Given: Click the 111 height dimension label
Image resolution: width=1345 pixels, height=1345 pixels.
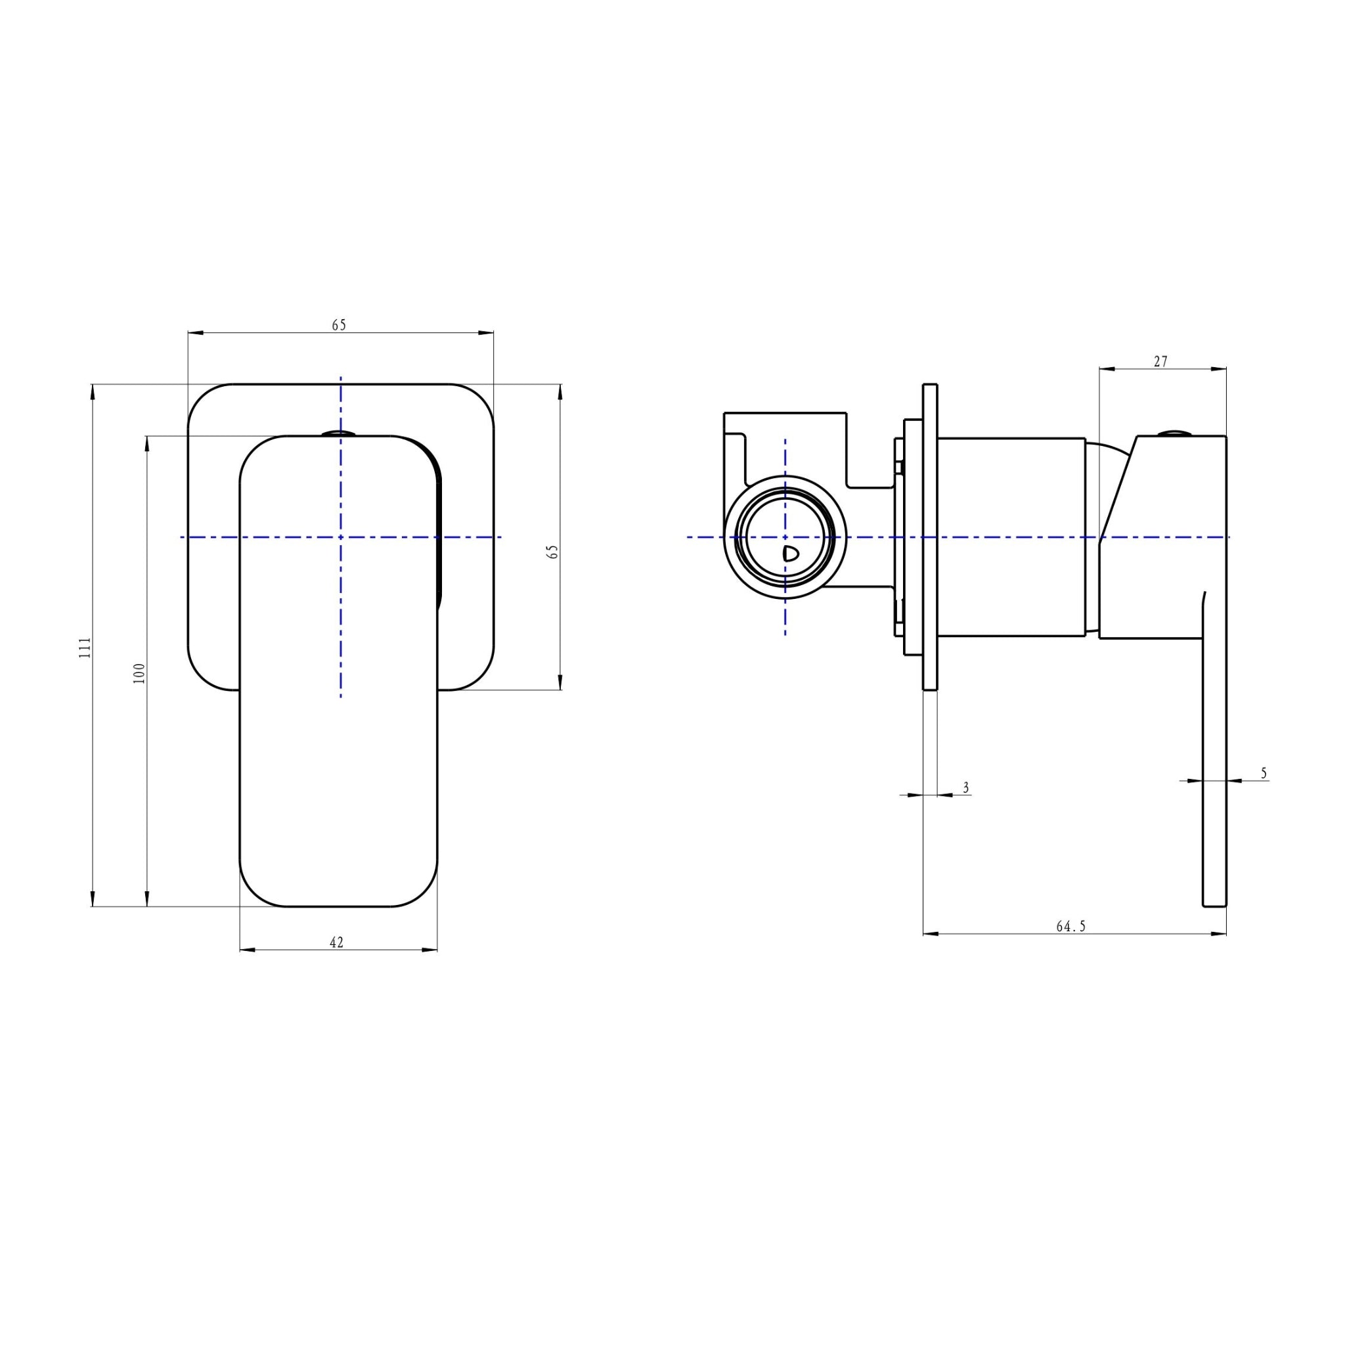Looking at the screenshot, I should (x=85, y=648).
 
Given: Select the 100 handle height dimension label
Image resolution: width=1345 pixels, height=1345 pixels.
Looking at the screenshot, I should (x=139, y=672).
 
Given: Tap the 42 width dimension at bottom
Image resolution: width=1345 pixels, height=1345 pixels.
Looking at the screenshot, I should (x=336, y=942).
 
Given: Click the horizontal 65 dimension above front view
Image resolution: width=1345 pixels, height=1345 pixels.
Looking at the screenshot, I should (x=339, y=325).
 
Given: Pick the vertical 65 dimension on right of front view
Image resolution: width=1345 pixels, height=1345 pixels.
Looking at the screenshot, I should (x=553, y=552).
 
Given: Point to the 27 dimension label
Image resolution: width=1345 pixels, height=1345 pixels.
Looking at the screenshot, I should (x=1160, y=361).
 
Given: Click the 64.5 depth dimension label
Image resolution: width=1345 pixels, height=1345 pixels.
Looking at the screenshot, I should (x=1070, y=926).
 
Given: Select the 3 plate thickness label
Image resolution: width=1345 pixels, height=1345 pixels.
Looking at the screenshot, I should (x=965, y=787).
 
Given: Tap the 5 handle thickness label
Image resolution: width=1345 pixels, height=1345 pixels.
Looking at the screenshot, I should (x=1264, y=773).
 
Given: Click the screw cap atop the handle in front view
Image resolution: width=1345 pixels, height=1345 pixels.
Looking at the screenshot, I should (x=339, y=433).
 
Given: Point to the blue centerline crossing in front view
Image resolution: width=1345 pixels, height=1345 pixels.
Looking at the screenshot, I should (x=340, y=537).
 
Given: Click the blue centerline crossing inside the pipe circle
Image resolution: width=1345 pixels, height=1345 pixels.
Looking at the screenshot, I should (x=785, y=537).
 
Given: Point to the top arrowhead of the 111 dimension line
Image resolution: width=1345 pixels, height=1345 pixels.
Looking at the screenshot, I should (x=93, y=390).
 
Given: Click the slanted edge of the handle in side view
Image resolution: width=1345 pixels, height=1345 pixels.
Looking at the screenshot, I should (x=1118, y=487).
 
